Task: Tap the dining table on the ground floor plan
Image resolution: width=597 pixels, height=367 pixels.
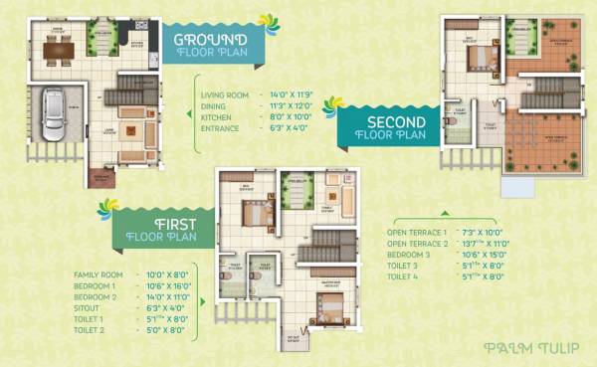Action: (57, 49)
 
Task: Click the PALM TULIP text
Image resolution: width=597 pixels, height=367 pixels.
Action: (525, 348)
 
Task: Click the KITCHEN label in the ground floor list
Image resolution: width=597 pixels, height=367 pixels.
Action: (215, 115)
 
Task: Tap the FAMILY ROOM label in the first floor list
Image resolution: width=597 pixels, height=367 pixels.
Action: (99, 275)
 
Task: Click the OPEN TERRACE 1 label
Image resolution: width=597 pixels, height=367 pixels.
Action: (417, 232)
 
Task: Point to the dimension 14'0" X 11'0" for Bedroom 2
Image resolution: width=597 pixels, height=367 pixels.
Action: (167, 296)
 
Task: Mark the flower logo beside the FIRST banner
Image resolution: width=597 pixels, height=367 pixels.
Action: (107, 207)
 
